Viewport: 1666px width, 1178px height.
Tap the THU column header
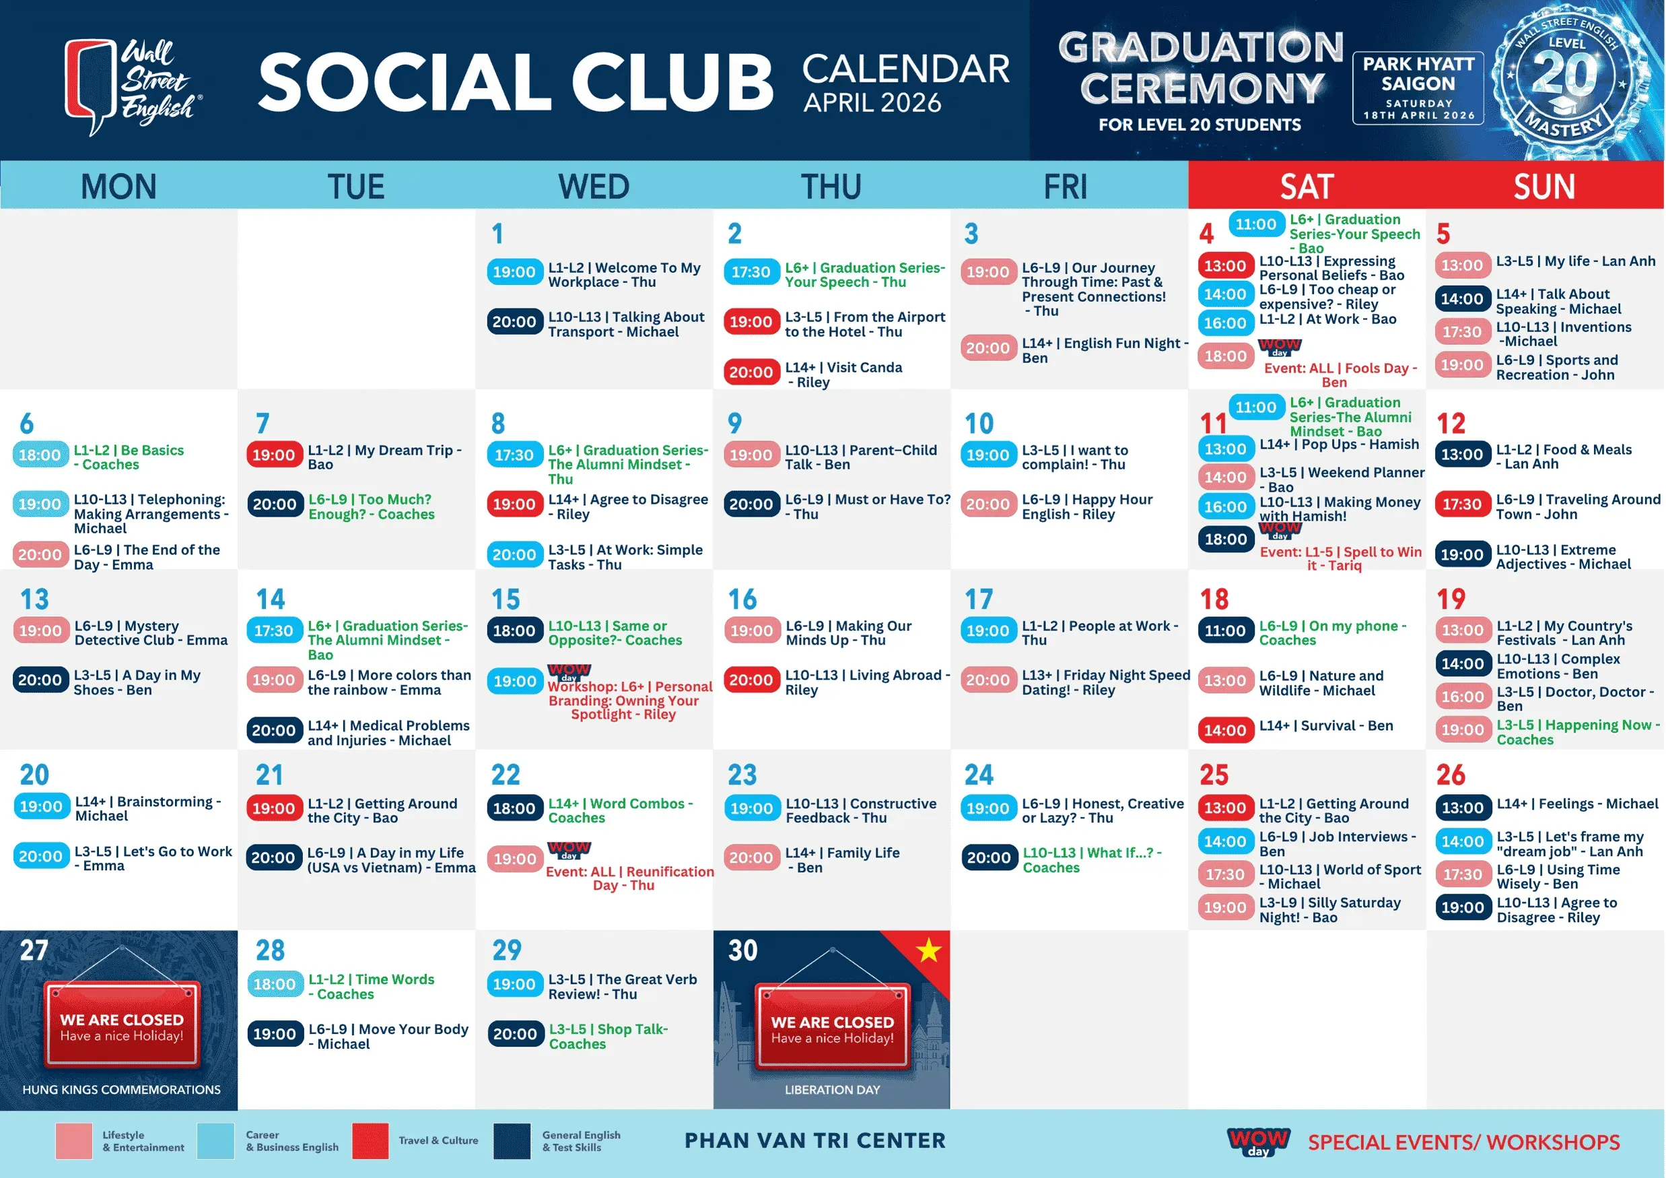pos(831,187)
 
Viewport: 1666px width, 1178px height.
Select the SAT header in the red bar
pos(1307,187)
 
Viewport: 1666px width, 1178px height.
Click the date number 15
pos(506,599)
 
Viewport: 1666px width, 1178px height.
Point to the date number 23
pos(742,775)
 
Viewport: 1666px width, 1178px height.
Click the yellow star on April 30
pos(928,950)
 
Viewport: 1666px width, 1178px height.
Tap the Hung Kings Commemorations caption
pos(121,1090)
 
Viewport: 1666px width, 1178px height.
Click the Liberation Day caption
pos(832,1090)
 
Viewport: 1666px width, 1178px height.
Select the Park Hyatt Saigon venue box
pos(1418,88)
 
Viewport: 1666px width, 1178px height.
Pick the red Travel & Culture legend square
pos(370,1141)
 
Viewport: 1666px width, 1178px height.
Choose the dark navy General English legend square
pos(512,1141)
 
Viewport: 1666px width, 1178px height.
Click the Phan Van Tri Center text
pos(815,1141)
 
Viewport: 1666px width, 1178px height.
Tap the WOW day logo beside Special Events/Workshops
pos(1258,1142)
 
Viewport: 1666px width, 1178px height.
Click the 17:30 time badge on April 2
pos(751,272)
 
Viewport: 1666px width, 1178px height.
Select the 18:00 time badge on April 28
pos(274,984)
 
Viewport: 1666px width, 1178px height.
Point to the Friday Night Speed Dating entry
pos(1106,682)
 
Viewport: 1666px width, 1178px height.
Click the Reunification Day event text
pos(629,878)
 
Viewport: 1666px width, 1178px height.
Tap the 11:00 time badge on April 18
pos(1225,630)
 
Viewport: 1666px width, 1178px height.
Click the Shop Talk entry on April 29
pos(608,1037)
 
